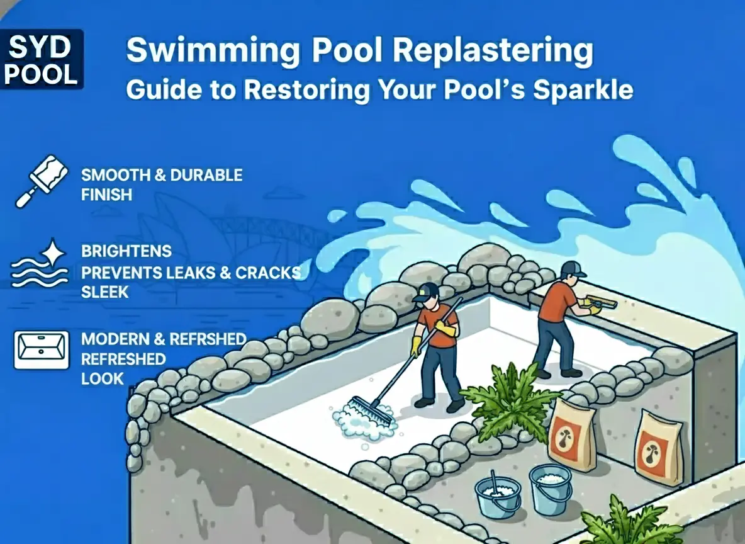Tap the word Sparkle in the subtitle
pyautogui.click(x=583, y=89)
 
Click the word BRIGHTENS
pyautogui.click(x=126, y=251)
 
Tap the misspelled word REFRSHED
pyautogui.click(x=208, y=339)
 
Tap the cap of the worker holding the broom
pyautogui.click(x=426, y=290)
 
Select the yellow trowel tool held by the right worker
pyautogui.click(x=601, y=305)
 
